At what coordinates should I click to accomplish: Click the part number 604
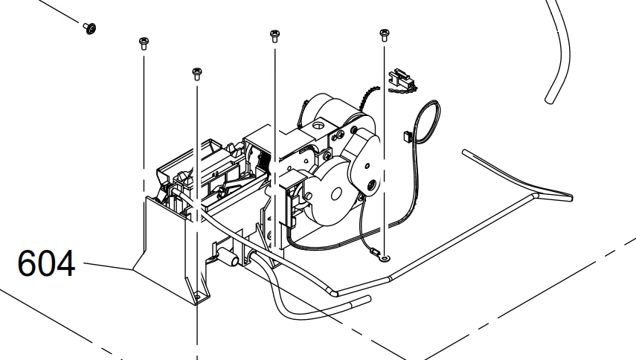pyautogui.click(x=46, y=263)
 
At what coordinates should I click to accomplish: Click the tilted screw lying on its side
pyautogui.click(x=90, y=28)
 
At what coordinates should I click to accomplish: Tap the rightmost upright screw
pyautogui.click(x=384, y=35)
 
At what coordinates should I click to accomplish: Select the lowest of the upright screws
pyautogui.click(x=197, y=74)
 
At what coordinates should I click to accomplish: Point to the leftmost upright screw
pyautogui.click(x=144, y=43)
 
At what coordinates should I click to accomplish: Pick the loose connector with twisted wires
pyautogui.click(x=402, y=81)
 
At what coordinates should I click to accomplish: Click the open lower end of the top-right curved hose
pyautogui.click(x=549, y=99)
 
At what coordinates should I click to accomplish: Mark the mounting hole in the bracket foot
pyautogui.click(x=198, y=298)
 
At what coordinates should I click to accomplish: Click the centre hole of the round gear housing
pyautogui.click(x=335, y=194)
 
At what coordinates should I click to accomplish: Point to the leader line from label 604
pyautogui.click(x=108, y=266)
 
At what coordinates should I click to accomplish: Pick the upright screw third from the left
pyautogui.click(x=274, y=36)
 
